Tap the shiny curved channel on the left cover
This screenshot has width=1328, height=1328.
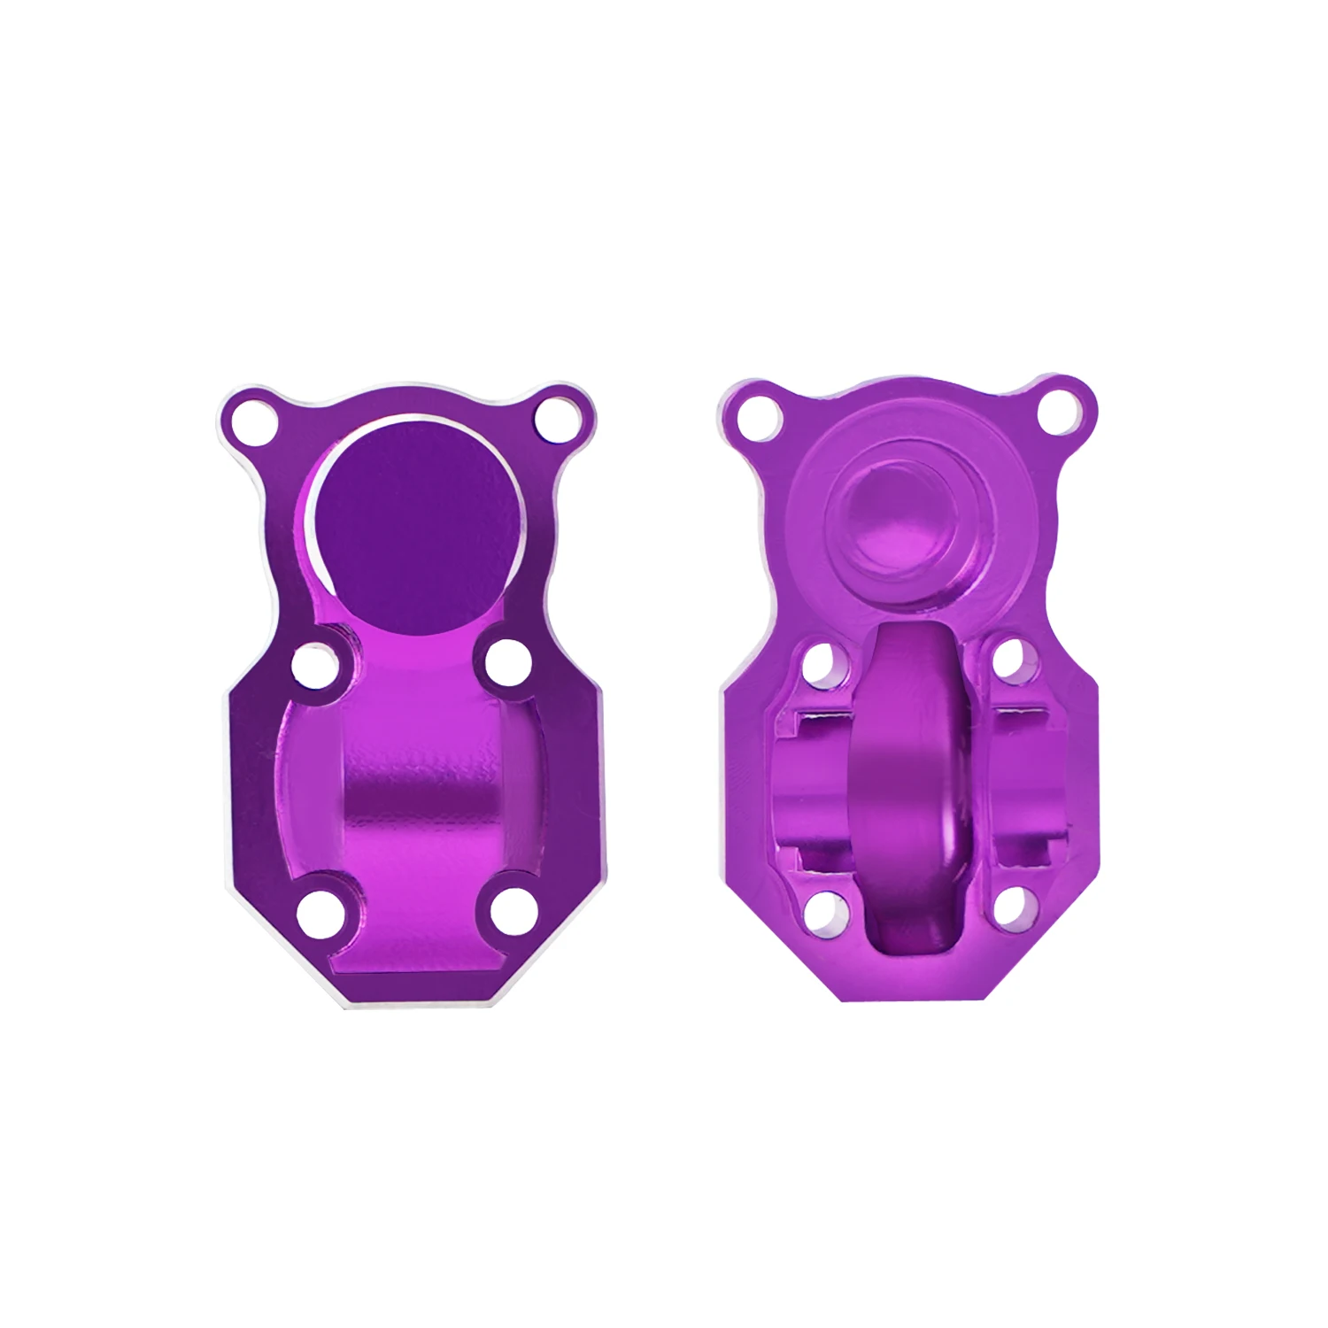[416, 797]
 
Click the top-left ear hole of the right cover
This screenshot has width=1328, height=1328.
[759, 413]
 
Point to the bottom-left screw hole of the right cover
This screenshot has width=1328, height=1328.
[821, 908]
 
